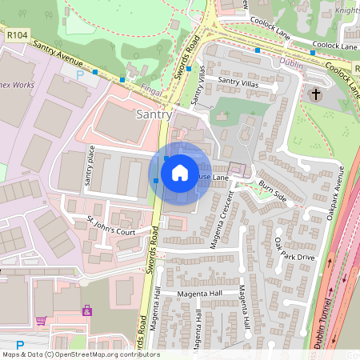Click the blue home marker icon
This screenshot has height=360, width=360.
coord(180,173)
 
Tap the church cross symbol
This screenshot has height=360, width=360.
coord(315,95)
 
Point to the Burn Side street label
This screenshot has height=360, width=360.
coord(272,190)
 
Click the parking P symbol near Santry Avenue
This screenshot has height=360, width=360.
coord(78,74)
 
